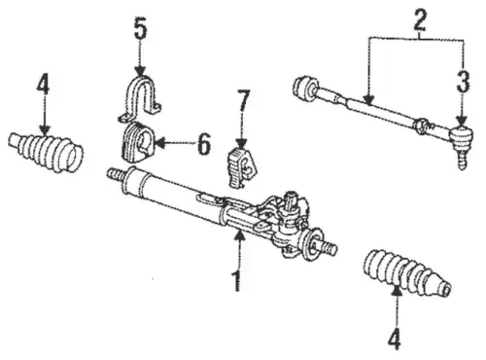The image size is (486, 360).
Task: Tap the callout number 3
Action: (x=463, y=82)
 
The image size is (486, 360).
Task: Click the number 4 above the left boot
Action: (x=43, y=84)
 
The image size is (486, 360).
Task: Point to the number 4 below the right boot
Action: (x=395, y=339)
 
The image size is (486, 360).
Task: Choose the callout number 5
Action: (x=140, y=30)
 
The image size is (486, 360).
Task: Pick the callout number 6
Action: (x=204, y=144)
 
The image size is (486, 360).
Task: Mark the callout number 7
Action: (x=243, y=101)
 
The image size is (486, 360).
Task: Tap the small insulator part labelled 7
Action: (x=242, y=167)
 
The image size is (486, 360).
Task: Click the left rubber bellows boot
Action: (x=46, y=151)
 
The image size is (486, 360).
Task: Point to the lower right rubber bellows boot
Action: (x=407, y=273)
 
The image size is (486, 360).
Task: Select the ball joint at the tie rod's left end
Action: (x=304, y=88)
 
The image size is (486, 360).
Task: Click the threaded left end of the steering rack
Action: (x=116, y=174)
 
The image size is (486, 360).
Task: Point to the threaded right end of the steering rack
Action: (x=327, y=247)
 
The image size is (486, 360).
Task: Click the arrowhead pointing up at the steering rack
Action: (x=239, y=234)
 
